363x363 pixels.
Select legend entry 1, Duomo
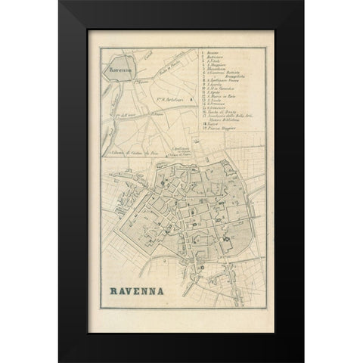(x=211, y=53)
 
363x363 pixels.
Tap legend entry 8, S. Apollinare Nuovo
(x=222, y=80)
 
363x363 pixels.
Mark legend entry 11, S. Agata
(x=212, y=92)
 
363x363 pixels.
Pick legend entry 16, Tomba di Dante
(x=220, y=112)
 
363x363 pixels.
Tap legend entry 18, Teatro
(x=209, y=124)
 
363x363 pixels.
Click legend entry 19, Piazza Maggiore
(x=219, y=128)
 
